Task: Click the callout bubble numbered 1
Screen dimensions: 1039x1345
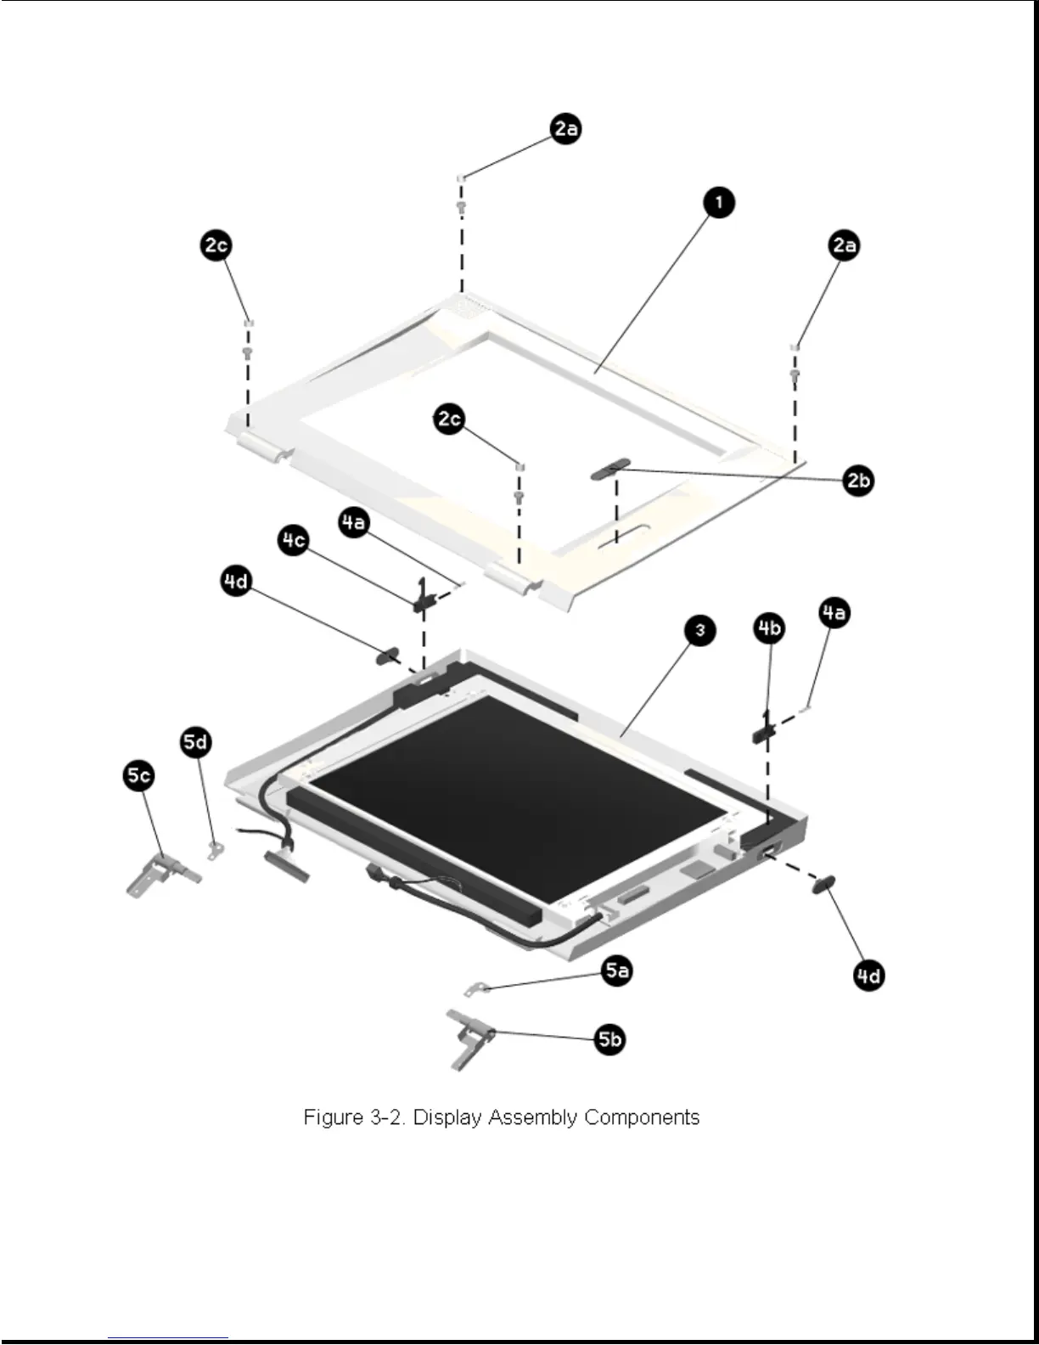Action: click(718, 203)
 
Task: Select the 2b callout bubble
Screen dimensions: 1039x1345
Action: click(858, 481)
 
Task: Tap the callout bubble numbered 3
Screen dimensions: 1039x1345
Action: click(699, 630)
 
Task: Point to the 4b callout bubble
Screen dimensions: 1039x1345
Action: click(769, 628)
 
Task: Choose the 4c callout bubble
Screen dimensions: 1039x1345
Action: click(294, 540)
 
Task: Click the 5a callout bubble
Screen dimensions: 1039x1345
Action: click(617, 971)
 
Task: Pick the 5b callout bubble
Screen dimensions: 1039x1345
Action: click(609, 1038)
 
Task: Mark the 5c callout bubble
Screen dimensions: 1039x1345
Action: click(139, 775)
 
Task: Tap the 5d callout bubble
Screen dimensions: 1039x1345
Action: click(195, 742)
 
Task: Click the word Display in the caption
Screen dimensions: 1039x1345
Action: click(447, 1117)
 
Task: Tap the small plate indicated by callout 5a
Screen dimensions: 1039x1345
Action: click(475, 988)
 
